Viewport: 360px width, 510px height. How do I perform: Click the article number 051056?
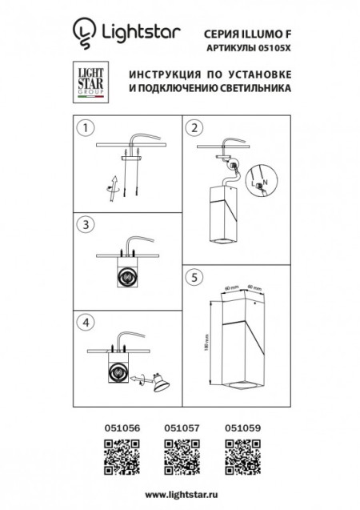122,429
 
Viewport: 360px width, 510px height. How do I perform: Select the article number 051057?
179,429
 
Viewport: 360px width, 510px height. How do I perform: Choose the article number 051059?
238,429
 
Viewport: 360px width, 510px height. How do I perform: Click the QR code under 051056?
122,458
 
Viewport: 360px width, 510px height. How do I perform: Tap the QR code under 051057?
179,458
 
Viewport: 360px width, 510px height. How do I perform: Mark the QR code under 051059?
238,458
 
